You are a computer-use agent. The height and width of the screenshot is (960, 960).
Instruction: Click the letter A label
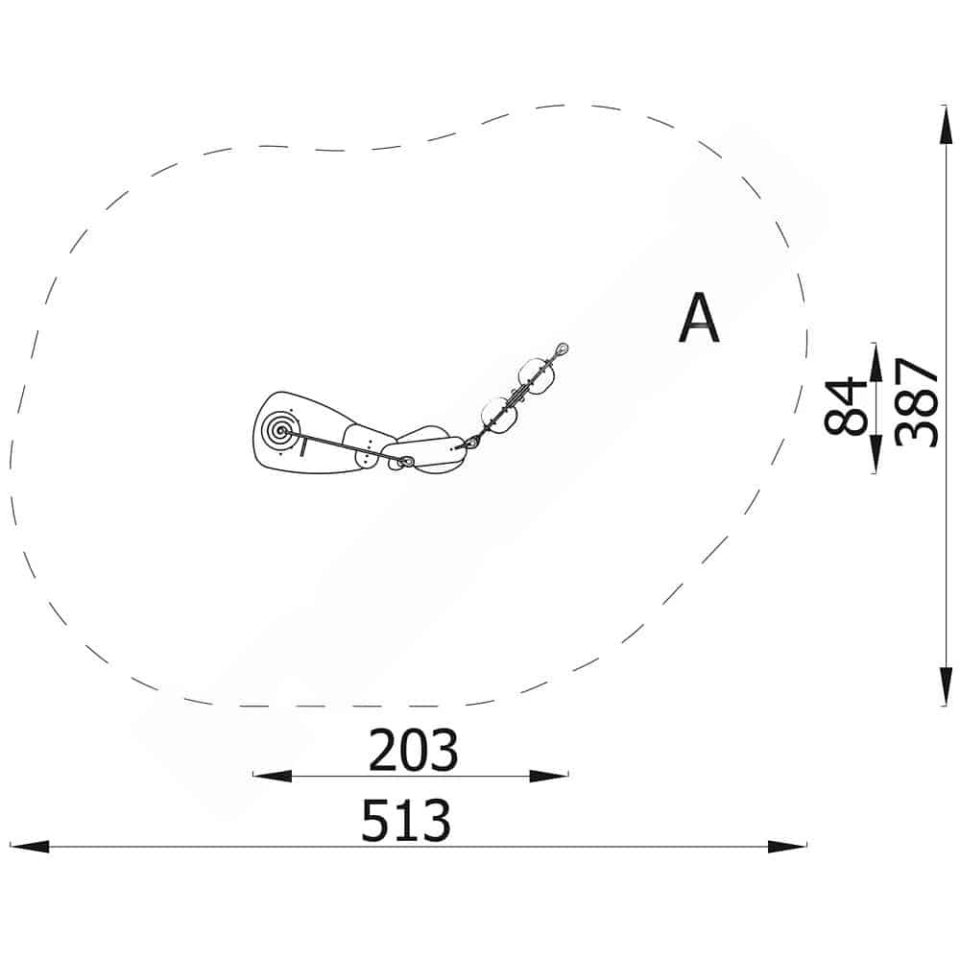pyautogui.click(x=699, y=319)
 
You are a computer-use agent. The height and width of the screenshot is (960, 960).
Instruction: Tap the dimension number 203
pyautogui.click(x=413, y=750)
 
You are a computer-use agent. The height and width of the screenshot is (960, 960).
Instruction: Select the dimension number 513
pyautogui.click(x=406, y=821)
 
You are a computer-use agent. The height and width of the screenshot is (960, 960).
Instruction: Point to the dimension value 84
pyautogui.click(x=846, y=407)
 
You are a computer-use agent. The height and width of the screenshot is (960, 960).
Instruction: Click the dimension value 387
pyautogui.click(x=917, y=403)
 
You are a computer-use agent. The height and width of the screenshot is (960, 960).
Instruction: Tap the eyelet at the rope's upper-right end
pyautogui.click(x=562, y=350)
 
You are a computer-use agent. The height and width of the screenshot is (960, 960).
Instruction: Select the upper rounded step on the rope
pyautogui.click(x=537, y=374)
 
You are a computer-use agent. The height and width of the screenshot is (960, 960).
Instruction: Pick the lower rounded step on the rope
pyautogui.click(x=499, y=415)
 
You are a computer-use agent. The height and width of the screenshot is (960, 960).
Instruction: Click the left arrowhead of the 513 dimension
pyautogui.click(x=30, y=847)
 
